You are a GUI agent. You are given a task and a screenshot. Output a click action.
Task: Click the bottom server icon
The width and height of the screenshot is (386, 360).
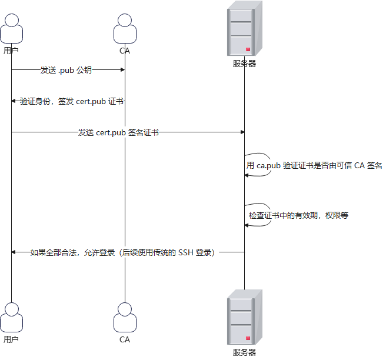tap(244, 320)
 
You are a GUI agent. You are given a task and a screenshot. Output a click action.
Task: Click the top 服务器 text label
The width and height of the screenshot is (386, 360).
tap(244, 64)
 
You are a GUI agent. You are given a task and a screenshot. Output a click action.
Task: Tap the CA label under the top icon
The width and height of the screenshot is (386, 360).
tap(125, 51)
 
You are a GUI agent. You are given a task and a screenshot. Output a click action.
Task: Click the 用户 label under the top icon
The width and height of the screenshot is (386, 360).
tap(11, 51)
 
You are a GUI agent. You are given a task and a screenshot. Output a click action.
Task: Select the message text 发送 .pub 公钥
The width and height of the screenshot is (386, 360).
tap(66, 70)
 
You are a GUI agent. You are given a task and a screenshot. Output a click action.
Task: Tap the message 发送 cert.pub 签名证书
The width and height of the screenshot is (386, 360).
tap(118, 132)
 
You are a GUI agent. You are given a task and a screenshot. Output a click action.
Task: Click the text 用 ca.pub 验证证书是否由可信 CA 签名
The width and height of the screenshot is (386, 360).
tap(314, 166)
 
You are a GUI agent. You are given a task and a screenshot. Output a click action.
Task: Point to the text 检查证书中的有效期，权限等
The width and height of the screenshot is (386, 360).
tap(298, 215)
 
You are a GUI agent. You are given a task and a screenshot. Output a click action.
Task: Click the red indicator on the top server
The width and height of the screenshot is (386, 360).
tap(248, 49)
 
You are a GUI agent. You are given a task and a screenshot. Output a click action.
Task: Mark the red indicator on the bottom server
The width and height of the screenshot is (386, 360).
tap(248, 338)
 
